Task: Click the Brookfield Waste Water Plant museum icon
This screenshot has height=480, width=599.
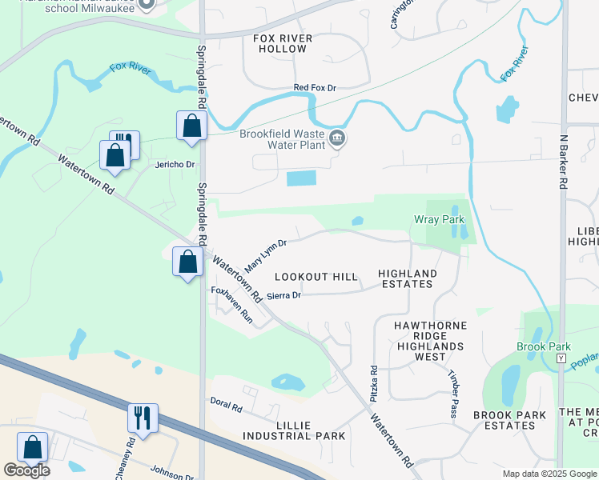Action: tap(338, 139)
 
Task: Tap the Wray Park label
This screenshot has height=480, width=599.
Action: tap(439, 219)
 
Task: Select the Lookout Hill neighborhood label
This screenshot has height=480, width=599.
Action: tap(316, 277)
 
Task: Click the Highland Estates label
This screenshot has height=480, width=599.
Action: tap(408, 278)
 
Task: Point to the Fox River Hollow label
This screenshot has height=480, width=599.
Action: tap(280, 43)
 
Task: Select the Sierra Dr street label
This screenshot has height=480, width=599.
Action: tap(283, 295)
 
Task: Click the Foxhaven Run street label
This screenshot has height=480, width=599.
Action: tap(231, 305)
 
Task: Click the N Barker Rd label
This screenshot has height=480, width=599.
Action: tap(563, 161)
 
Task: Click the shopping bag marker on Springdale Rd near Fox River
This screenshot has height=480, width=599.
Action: tap(192, 126)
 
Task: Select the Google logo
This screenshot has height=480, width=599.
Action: tap(27, 470)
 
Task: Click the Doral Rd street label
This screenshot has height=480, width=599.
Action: tap(226, 406)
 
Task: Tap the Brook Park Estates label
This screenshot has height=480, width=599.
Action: tap(509, 420)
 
